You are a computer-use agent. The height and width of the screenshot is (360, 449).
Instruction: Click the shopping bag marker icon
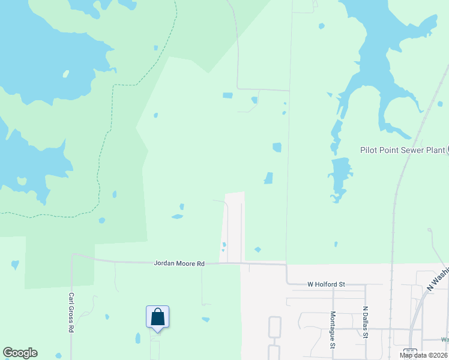point(157,317)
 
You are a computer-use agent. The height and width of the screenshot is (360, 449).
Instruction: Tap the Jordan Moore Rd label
point(179,263)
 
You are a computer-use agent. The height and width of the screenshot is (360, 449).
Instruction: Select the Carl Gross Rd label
point(71,313)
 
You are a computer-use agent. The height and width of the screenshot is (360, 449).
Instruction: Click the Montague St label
point(333,329)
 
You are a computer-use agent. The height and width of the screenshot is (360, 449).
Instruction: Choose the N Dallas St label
point(365,323)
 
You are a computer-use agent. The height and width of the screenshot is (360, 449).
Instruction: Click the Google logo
point(20,353)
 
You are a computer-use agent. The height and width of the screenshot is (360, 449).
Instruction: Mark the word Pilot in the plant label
point(369,150)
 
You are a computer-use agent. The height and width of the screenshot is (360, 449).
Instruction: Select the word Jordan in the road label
point(164,263)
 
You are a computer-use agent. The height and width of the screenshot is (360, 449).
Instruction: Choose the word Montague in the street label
point(333,327)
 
